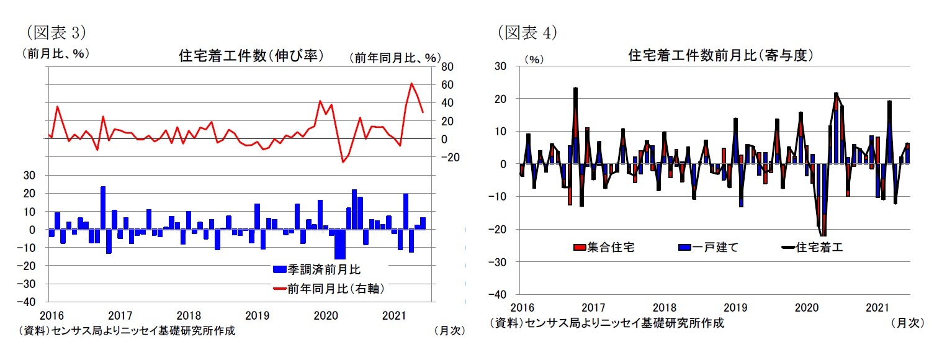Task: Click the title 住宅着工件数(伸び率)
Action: tap(251, 56)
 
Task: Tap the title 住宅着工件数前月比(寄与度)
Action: tap(720, 56)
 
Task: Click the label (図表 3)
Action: tap(54, 32)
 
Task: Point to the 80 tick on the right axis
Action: tap(447, 66)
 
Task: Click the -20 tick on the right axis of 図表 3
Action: tap(451, 158)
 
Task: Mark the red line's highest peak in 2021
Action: tap(411, 83)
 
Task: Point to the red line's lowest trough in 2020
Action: tap(343, 162)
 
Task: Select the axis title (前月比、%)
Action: tap(55, 54)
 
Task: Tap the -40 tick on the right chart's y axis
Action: tap(498, 294)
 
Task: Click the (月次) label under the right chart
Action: tap(907, 323)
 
